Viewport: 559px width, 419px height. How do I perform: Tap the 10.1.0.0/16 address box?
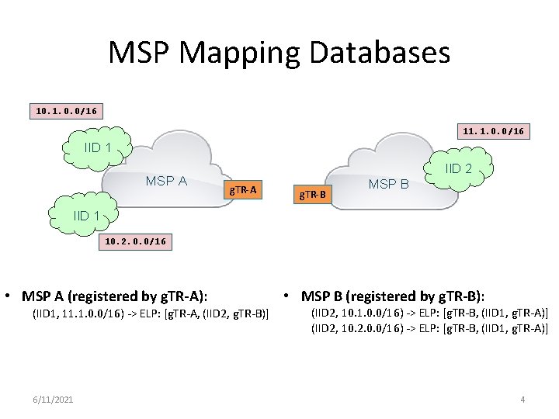(x=67, y=111)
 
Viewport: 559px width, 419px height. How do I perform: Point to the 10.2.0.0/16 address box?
(x=134, y=241)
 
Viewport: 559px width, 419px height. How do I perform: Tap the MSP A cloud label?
(x=166, y=181)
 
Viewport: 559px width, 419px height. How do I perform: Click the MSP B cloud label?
(x=388, y=185)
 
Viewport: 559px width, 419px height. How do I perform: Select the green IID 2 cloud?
(x=459, y=168)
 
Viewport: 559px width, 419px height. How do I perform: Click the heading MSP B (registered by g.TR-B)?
(x=392, y=296)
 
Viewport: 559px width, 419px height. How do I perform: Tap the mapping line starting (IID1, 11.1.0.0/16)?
(x=150, y=313)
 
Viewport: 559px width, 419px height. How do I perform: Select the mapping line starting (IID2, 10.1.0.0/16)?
(x=429, y=313)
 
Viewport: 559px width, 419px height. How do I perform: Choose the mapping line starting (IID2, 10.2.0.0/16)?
(x=429, y=329)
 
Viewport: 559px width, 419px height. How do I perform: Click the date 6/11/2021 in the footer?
(x=54, y=399)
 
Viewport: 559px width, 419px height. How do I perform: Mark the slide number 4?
(x=523, y=399)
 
